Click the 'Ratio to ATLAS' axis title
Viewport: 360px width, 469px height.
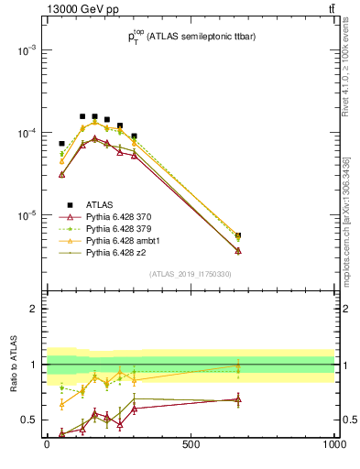pos(12,364)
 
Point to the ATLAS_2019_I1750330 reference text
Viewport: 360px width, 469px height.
pos(191,275)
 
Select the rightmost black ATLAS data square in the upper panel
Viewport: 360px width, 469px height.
pos(238,235)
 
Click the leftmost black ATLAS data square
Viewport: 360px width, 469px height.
pos(62,144)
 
